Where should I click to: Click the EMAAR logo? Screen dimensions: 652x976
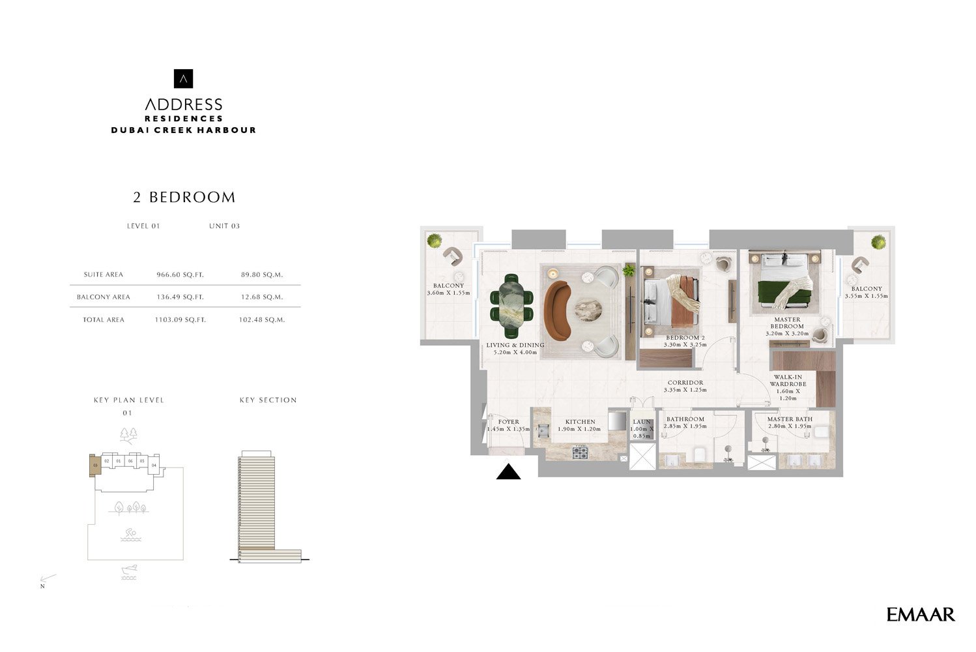click(x=920, y=614)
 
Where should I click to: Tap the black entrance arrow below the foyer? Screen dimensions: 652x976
click(x=508, y=472)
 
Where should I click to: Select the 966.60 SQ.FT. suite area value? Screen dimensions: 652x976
click(x=180, y=274)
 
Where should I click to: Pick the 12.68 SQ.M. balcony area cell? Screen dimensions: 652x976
click(x=261, y=297)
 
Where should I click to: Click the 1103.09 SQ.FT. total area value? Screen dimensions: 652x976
click(x=180, y=319)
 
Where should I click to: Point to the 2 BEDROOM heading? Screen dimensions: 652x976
click(x=184, y=197)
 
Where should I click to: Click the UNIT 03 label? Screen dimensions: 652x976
click(x=224, y=226)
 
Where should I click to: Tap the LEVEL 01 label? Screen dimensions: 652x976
click(x=143, y=226)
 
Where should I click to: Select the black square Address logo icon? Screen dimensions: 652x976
click(x=184, y=78)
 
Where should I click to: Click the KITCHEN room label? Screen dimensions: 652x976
click(x=580, y=422)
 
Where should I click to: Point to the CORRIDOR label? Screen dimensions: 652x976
click(x=685, y=383)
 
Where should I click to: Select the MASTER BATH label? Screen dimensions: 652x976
click(x=790, y=419)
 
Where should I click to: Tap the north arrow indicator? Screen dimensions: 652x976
click(x=48, y=579)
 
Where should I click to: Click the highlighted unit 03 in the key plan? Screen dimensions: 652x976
click(x=95, y=465)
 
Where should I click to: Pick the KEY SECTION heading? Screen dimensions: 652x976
click(x=268, y=400)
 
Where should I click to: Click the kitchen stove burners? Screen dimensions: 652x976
click(x=580, y=451)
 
